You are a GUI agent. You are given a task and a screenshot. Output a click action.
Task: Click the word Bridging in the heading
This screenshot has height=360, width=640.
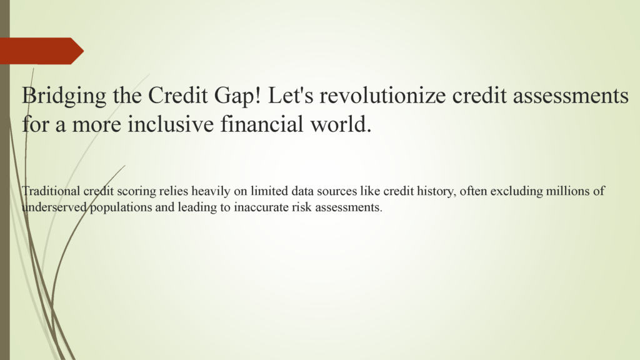(64, 96)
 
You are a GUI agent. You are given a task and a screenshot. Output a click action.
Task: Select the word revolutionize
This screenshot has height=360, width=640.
(382, 95)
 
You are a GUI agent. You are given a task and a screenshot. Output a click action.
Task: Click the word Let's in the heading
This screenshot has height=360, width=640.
(291, 95)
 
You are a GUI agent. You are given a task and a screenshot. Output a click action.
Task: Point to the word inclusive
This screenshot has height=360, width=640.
(171, 124)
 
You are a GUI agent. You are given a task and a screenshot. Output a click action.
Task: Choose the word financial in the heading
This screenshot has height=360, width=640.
(262, 124)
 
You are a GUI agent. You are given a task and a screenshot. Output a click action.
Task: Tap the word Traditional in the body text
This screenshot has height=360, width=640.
(51, 191)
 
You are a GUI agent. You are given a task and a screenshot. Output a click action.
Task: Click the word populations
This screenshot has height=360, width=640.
(121, 207)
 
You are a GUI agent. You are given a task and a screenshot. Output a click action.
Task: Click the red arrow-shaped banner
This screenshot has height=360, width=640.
(42, 51)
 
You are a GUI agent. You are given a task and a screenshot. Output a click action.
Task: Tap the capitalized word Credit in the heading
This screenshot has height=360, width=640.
(177, 95)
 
